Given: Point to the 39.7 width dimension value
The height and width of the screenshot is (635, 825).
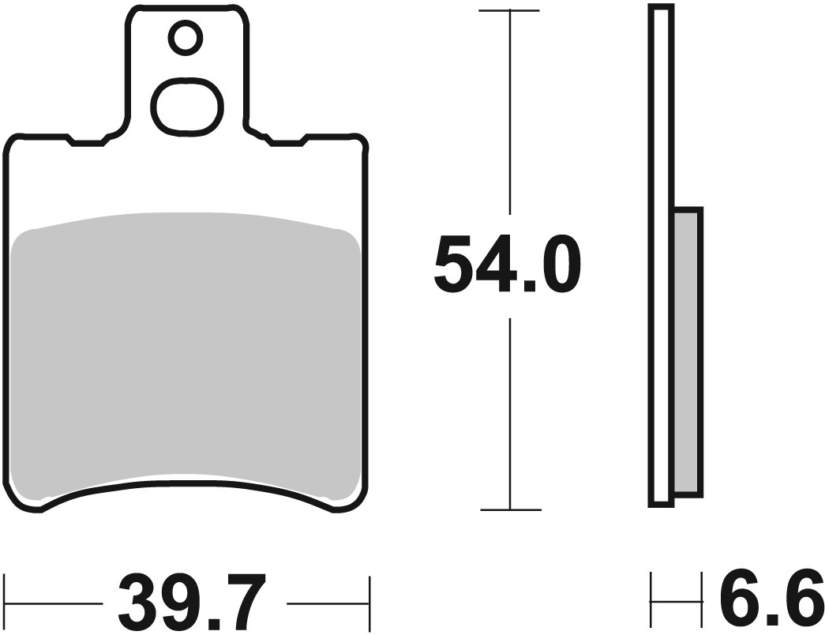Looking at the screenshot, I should pyautogui.click(x=189, y=603).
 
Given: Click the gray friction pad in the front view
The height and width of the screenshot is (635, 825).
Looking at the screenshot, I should pyautogui.click(x=186, y=355).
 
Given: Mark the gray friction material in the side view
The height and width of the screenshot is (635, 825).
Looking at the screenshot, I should pyautogui.click(x=688, y=352).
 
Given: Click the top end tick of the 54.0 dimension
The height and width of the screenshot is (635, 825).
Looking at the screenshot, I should pyautogui.click(x=510, y=11).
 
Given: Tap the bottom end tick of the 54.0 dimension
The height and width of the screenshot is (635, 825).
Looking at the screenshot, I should pyautogui.click(x=510, y=509).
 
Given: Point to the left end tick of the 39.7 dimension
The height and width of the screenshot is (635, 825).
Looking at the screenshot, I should pyautogui.click(x=6, y=603).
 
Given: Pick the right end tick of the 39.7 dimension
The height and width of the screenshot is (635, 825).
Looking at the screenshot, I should pyautogui.click(x=369, y=603).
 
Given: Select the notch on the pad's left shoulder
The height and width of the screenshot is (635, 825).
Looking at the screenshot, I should pyautogui.click(x=87, y=142).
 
